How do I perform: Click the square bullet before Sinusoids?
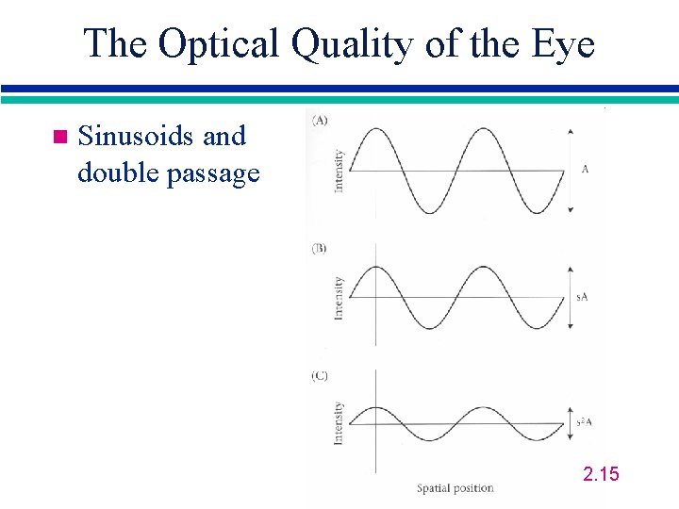[x=58, y=138]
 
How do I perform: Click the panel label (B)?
[x=319, y=249]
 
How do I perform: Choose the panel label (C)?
[x=319, y=376]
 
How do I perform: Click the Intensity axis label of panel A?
[x=339, y=171]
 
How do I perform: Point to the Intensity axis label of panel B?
[x=339, y=297]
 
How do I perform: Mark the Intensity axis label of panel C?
[x=339, y=423]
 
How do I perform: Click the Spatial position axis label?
[x=455, y=488]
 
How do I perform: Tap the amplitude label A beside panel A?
[x=585, y=170]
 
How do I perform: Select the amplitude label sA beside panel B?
[x=584, y=297]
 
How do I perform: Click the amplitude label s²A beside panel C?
[x=584, y=422]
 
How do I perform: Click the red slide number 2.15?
[x=602, y=473]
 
